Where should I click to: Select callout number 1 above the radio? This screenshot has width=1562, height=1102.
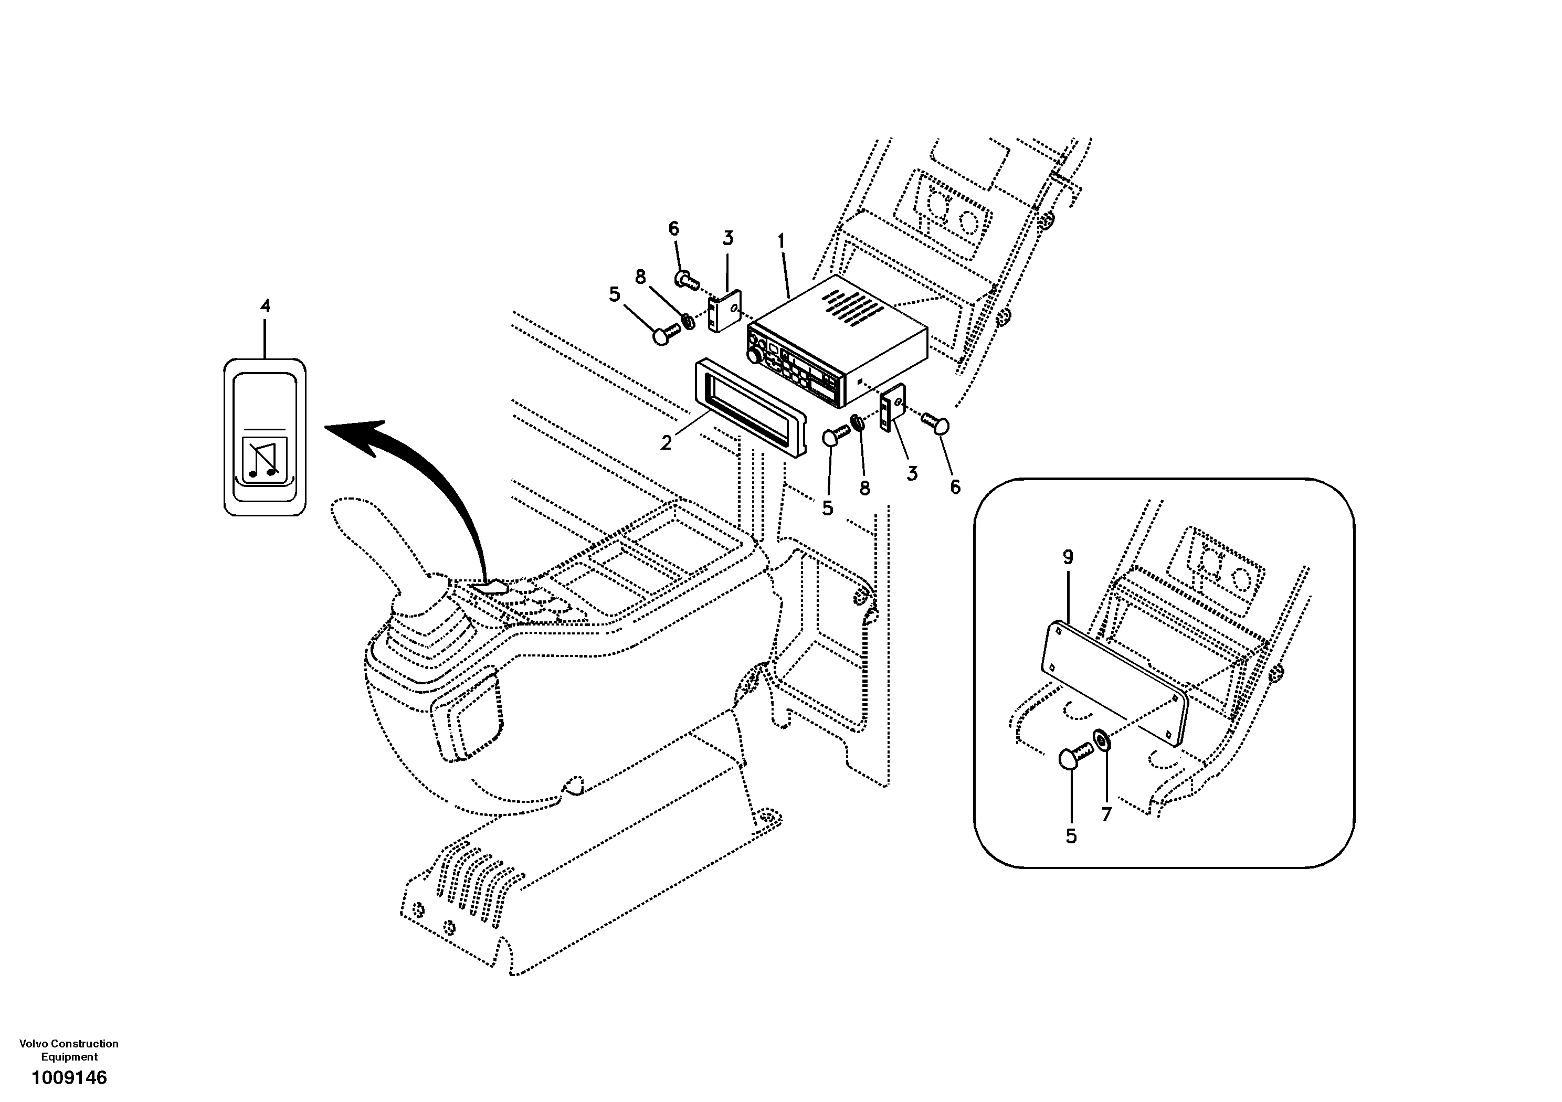pos(782,241)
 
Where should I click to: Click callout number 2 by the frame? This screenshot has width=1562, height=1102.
pos(666,442)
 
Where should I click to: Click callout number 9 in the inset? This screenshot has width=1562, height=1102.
pos(1068,558)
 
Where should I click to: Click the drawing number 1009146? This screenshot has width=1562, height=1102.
pos(69,1077)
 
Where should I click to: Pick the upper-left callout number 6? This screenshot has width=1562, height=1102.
pos(673,229)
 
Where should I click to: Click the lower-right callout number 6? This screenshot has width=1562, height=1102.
pos(955,487)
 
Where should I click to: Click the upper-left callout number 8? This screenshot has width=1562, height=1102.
pos(640,277)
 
